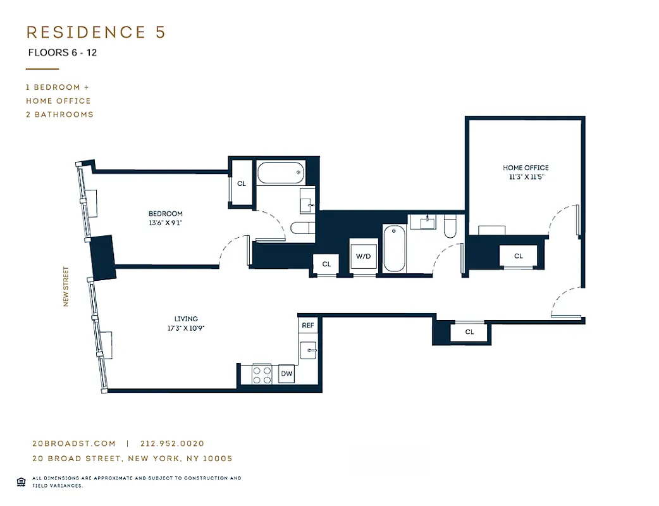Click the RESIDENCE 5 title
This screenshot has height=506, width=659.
click(x=95, y=33)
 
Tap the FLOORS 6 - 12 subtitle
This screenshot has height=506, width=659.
click(x=62, y=53)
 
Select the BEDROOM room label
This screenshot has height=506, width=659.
click(x=165, y=214)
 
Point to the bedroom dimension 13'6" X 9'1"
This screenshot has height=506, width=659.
click(x=165, y=223)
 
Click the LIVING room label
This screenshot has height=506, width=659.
click(x=186, y=319)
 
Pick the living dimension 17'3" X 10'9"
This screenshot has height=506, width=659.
click(x=186, y=328)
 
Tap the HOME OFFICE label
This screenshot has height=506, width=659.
click(x=526, y=168)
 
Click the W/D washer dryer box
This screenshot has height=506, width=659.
click(x=363, y=256)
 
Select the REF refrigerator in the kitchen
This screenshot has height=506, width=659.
click(x=307, y=325)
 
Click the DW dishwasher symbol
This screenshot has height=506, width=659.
click(x=286, y=374)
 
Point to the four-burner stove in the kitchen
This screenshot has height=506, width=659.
click(x=262, y=374)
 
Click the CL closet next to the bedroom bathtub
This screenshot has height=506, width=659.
click(x=241, y=183)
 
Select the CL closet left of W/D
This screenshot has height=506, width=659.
click(x=326, y=264)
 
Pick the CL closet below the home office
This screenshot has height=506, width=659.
click(x=518, y=256)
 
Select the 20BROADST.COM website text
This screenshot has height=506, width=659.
click(x=74, y=444)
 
